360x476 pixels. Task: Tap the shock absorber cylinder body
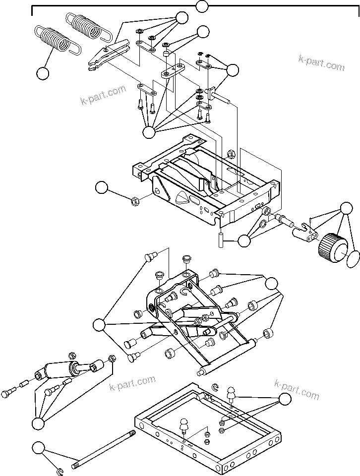coord(59,370)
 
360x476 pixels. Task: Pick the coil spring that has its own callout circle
coord(55,40)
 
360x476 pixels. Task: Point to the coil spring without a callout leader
coord(87,25)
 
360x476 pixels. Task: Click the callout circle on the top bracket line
coord(202,6)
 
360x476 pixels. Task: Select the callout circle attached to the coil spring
coord(43,73)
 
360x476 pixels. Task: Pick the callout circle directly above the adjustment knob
coord(345,207)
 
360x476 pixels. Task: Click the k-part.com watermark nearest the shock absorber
coord(132,383)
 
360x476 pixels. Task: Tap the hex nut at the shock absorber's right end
coord(112,357)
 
